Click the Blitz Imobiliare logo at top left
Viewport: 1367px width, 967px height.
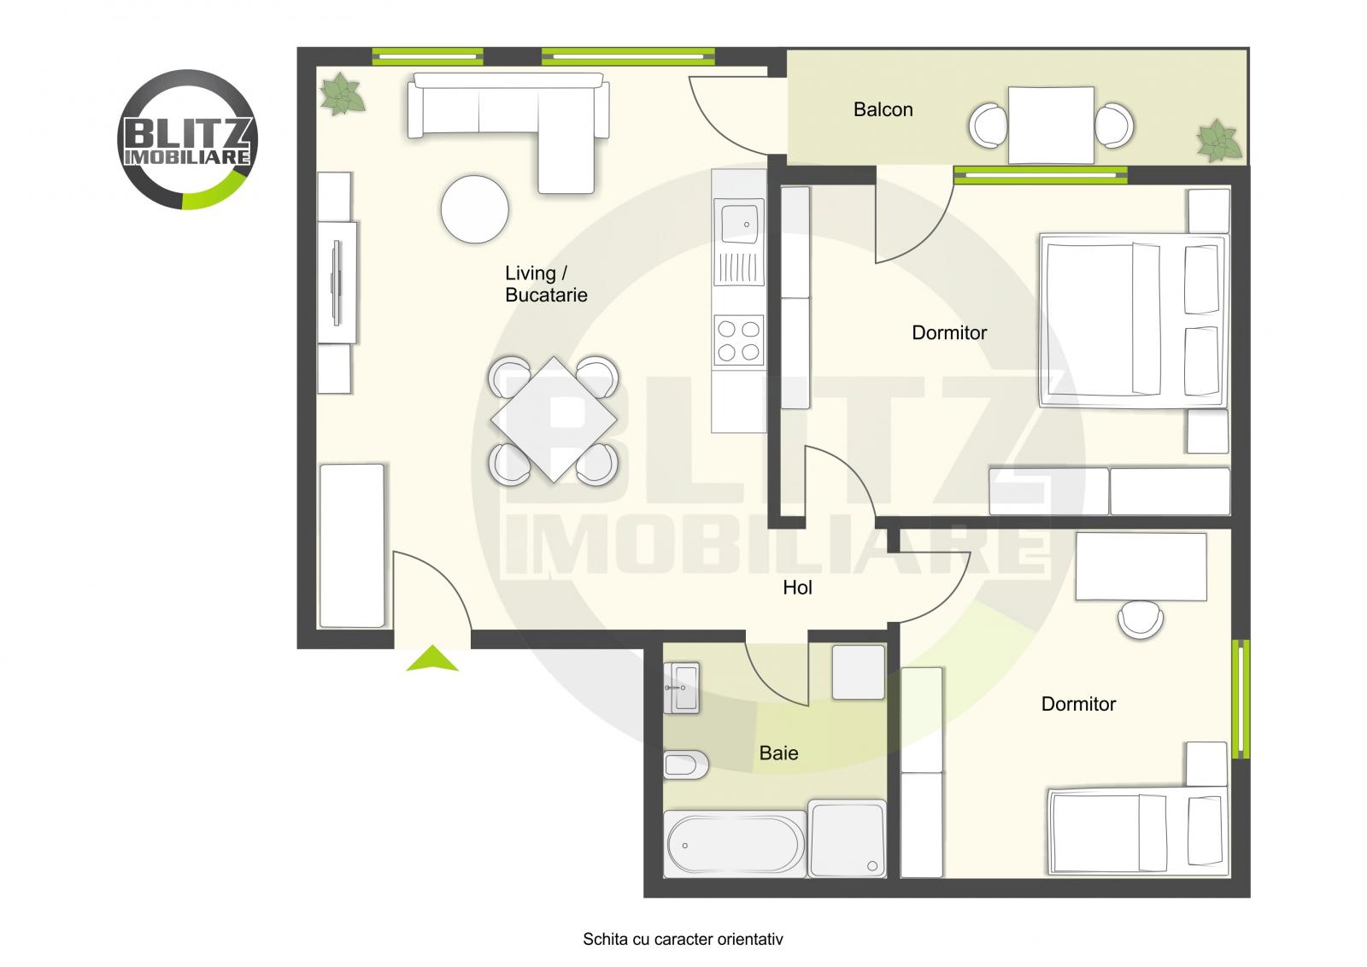click(186, 139)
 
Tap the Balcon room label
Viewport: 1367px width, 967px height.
click(883, 109)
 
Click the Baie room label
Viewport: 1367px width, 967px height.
click(778, 753)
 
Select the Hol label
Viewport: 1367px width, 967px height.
click(797, 588)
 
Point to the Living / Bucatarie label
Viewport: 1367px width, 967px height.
click(546, 284)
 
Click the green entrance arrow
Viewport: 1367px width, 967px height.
click(431, 659)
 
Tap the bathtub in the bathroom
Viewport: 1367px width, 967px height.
click(735, 843)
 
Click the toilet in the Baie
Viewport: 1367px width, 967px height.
click(685, 765)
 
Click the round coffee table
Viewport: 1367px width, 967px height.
click(474, 209)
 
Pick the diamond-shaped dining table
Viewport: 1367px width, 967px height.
click(554, 419)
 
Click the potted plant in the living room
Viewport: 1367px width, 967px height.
click(343, 94)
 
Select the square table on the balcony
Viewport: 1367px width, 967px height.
click(1050, 125)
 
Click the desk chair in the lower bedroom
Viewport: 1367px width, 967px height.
click(1141, 618)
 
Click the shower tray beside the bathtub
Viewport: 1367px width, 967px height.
click(846, 838)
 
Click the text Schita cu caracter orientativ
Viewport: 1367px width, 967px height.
click(683, 940)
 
